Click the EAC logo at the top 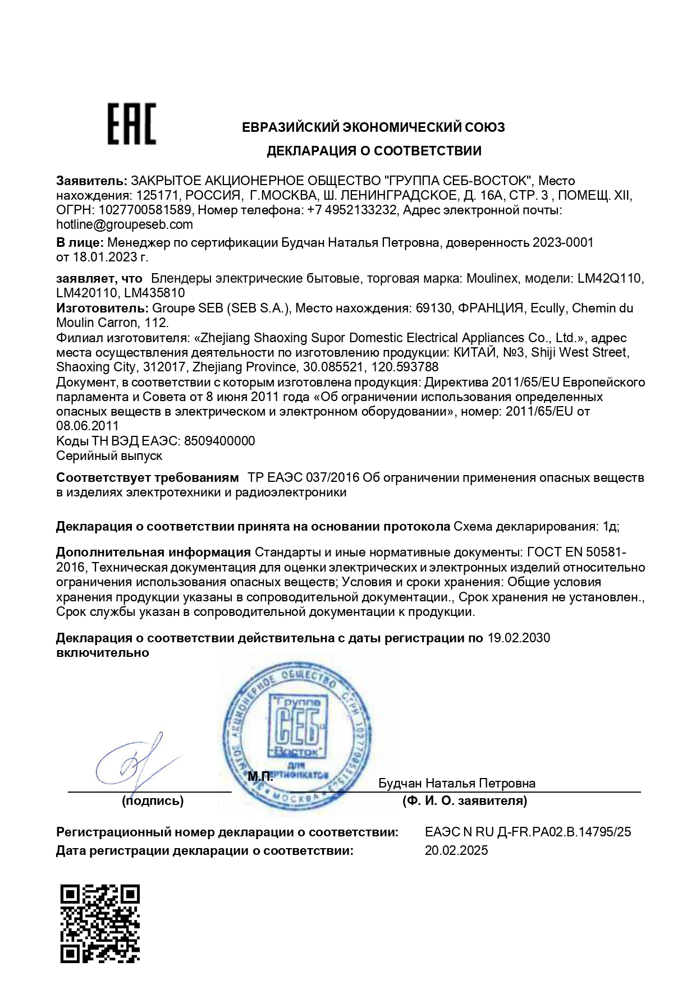[132, 123]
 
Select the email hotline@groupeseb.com [125, 225]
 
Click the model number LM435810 [154, 293]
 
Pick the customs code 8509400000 [219, 441]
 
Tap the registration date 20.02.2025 [456, 850]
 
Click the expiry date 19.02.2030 [519, 638]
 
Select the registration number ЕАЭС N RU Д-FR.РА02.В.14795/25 [528, 832]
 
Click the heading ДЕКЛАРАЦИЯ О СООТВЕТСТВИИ [374, 151]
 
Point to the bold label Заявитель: [92, 181]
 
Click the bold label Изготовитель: [101, 308]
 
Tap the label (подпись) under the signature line [153, 801]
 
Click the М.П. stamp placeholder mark [260, 777]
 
